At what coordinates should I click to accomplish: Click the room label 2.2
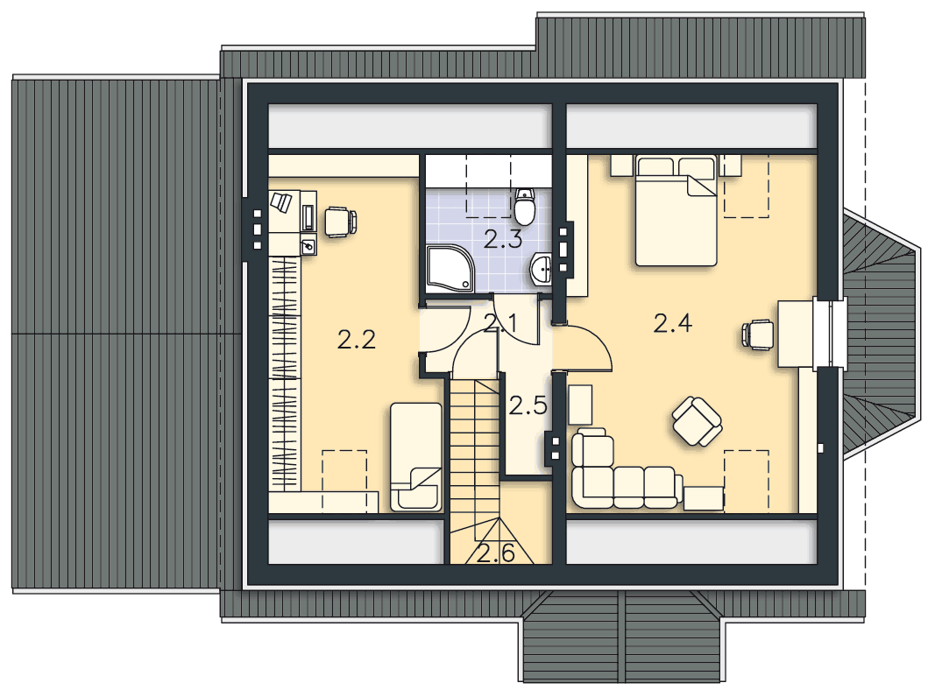click(x=357, y=340)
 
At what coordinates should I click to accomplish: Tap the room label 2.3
click(x=503, y=239)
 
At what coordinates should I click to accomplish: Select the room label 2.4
click(x=673, y=323)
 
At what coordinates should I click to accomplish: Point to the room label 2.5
click(x=528, y=405)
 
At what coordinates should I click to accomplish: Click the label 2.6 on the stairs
click(x=495, y=554)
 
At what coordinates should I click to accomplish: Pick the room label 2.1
click(x=499, y=323)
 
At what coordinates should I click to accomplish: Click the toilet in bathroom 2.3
click(x=526, y=204)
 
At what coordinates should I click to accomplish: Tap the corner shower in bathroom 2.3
click(x=450, y=269)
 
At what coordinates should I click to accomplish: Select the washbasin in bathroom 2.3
click(x=541, y=269)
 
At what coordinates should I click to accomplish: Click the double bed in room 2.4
click(x=676, y=210)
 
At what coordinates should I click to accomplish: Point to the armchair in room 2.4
click(x=697, y=422)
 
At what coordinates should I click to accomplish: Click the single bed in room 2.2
click(x=416, y=457)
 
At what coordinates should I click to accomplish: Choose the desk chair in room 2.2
click(x=341, y=222)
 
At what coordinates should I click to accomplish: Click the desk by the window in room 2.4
click(x=796, y=334)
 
